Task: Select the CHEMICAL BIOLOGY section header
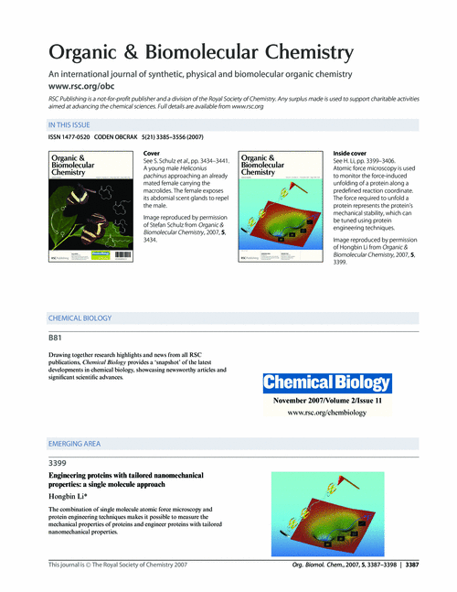(80, 318)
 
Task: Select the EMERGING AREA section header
(74, 444)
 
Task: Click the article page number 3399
(58, 463)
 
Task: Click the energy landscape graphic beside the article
(333, 511)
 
